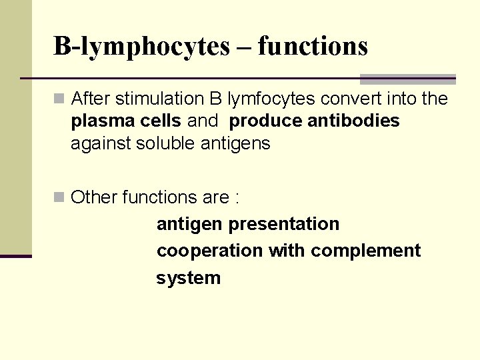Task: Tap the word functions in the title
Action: [313, 47]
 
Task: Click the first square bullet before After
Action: [59, 99]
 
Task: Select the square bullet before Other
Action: [59, 197]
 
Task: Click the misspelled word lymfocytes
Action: [271, 99]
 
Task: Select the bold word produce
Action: [265, 121]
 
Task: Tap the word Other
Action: [92, 197]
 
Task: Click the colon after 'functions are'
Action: [237, 198]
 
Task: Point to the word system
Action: [188, 278]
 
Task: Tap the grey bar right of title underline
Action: [407, 79]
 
